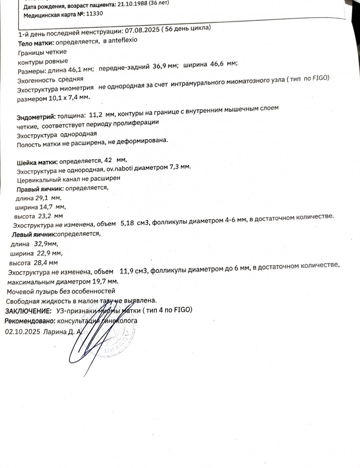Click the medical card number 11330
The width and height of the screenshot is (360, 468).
(95, 14)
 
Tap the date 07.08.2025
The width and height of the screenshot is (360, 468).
(142, 30)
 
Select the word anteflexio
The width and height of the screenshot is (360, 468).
(123, 40)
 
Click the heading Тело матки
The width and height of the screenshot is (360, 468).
(36, 43)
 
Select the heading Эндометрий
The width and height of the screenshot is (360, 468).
(36, 117)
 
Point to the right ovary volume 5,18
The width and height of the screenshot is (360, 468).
(127, 223)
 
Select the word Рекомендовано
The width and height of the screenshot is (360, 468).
(30, 321)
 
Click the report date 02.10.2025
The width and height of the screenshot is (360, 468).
(22, 332)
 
